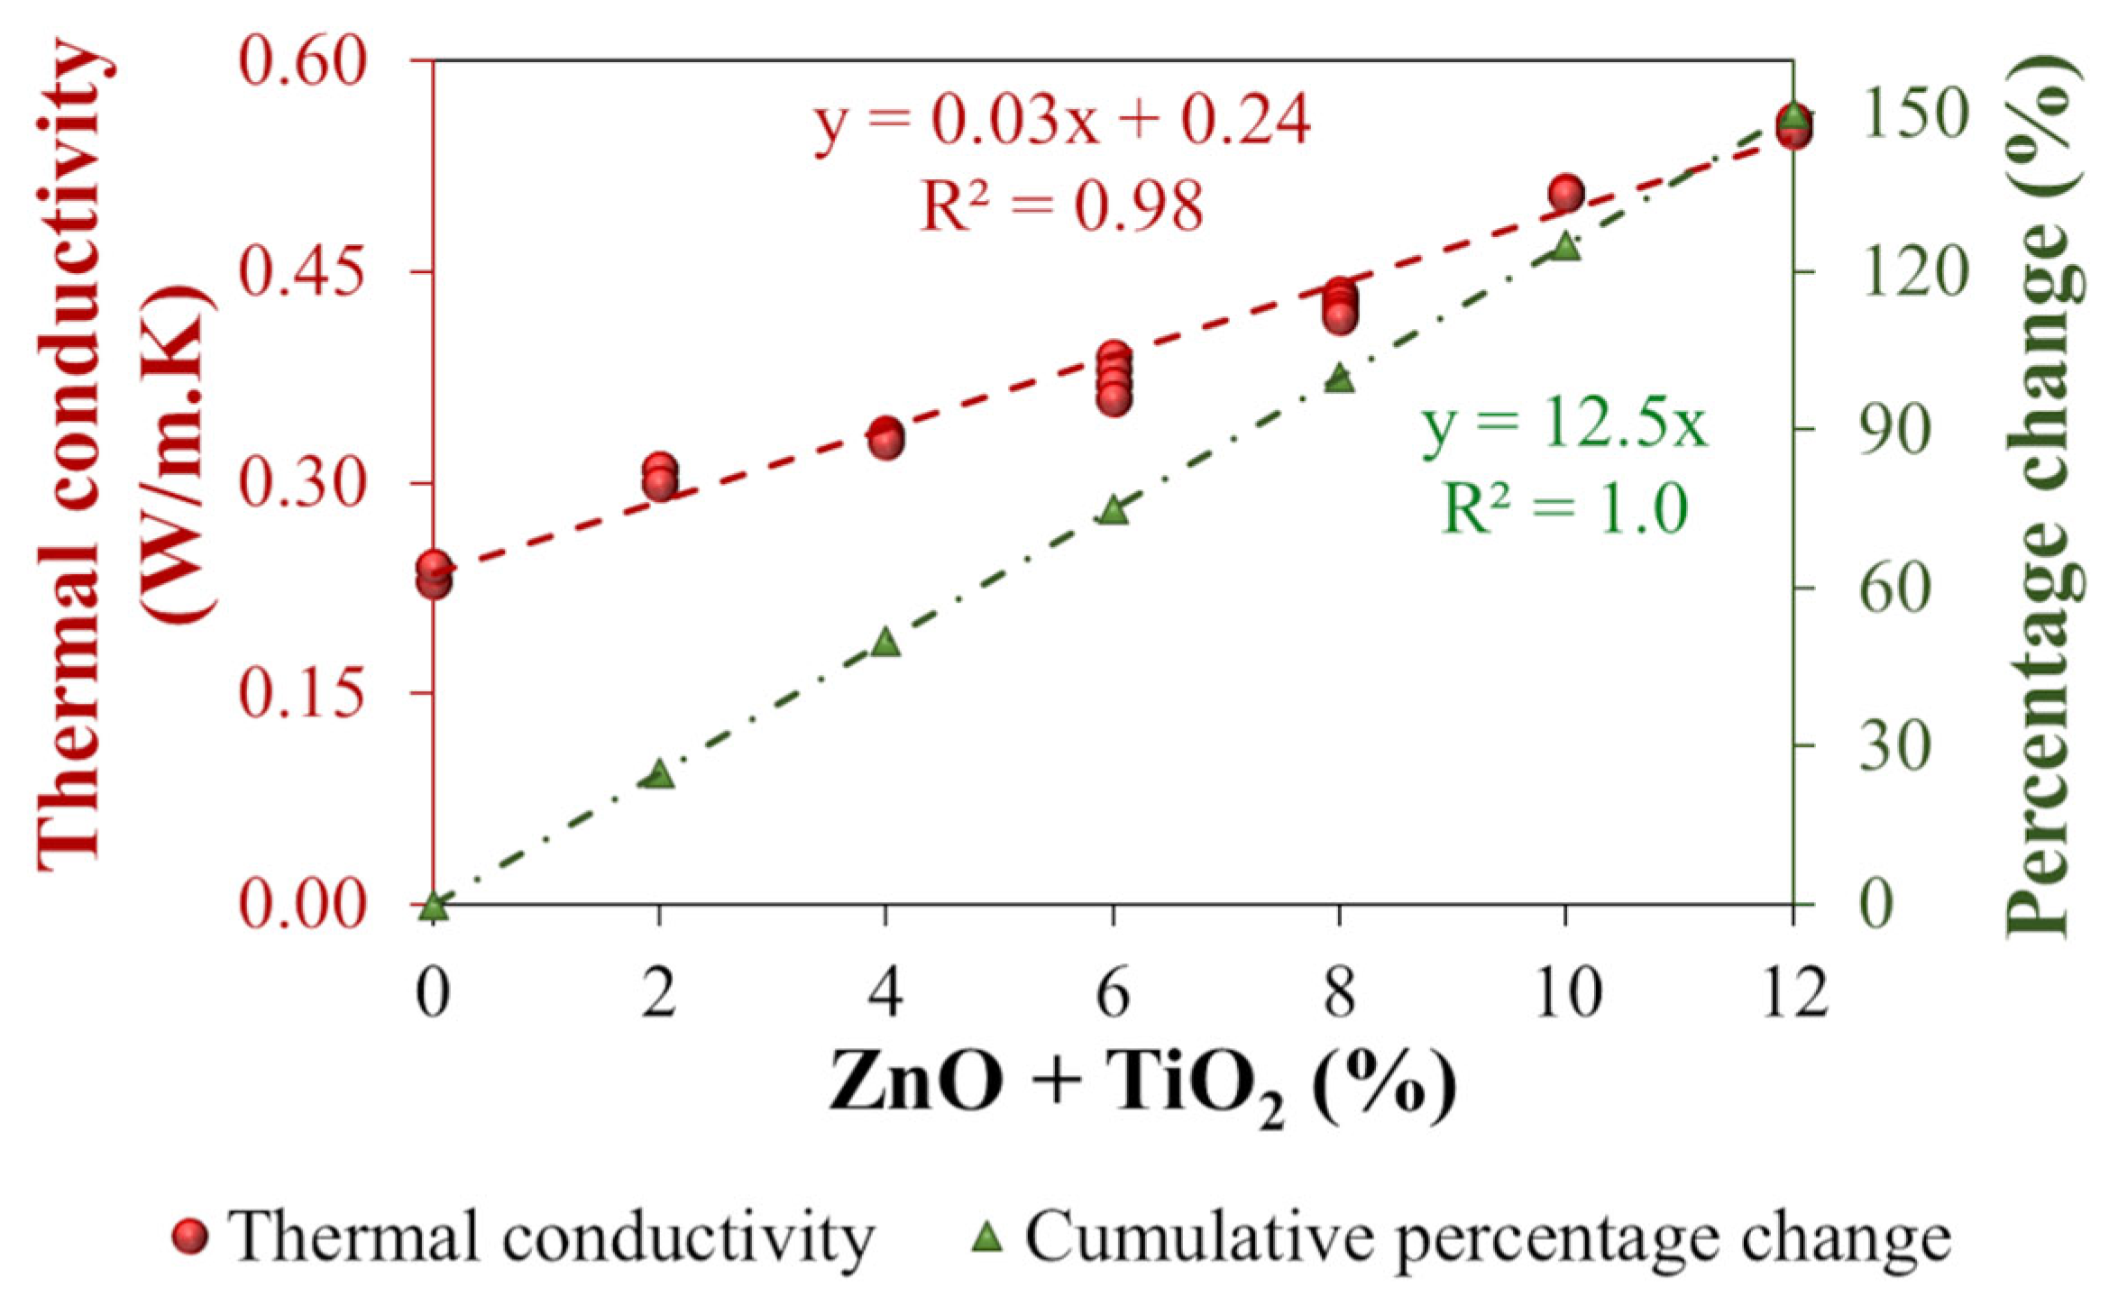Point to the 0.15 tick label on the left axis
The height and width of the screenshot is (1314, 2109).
tap(303, 694)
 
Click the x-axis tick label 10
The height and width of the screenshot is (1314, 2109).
tap(1567, 992)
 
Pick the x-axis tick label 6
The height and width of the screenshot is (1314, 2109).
tap(1114, 992)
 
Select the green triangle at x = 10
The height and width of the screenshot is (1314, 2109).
tap(1566, 246)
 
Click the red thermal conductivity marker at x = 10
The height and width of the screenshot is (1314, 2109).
tap(1566, 193)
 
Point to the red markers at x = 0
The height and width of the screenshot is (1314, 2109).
tap(434, 574)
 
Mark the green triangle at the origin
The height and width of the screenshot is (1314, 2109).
tap(434, 905)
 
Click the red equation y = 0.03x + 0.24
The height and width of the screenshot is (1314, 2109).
tap(1061, 122)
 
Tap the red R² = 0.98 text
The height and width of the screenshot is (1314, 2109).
tap(1061, 205)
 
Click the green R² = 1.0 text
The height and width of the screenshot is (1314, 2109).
tap(1564, 507)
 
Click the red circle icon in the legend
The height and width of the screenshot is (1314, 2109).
tap(190, 1237)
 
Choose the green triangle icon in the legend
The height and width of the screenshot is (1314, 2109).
tap(988, 1236)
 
